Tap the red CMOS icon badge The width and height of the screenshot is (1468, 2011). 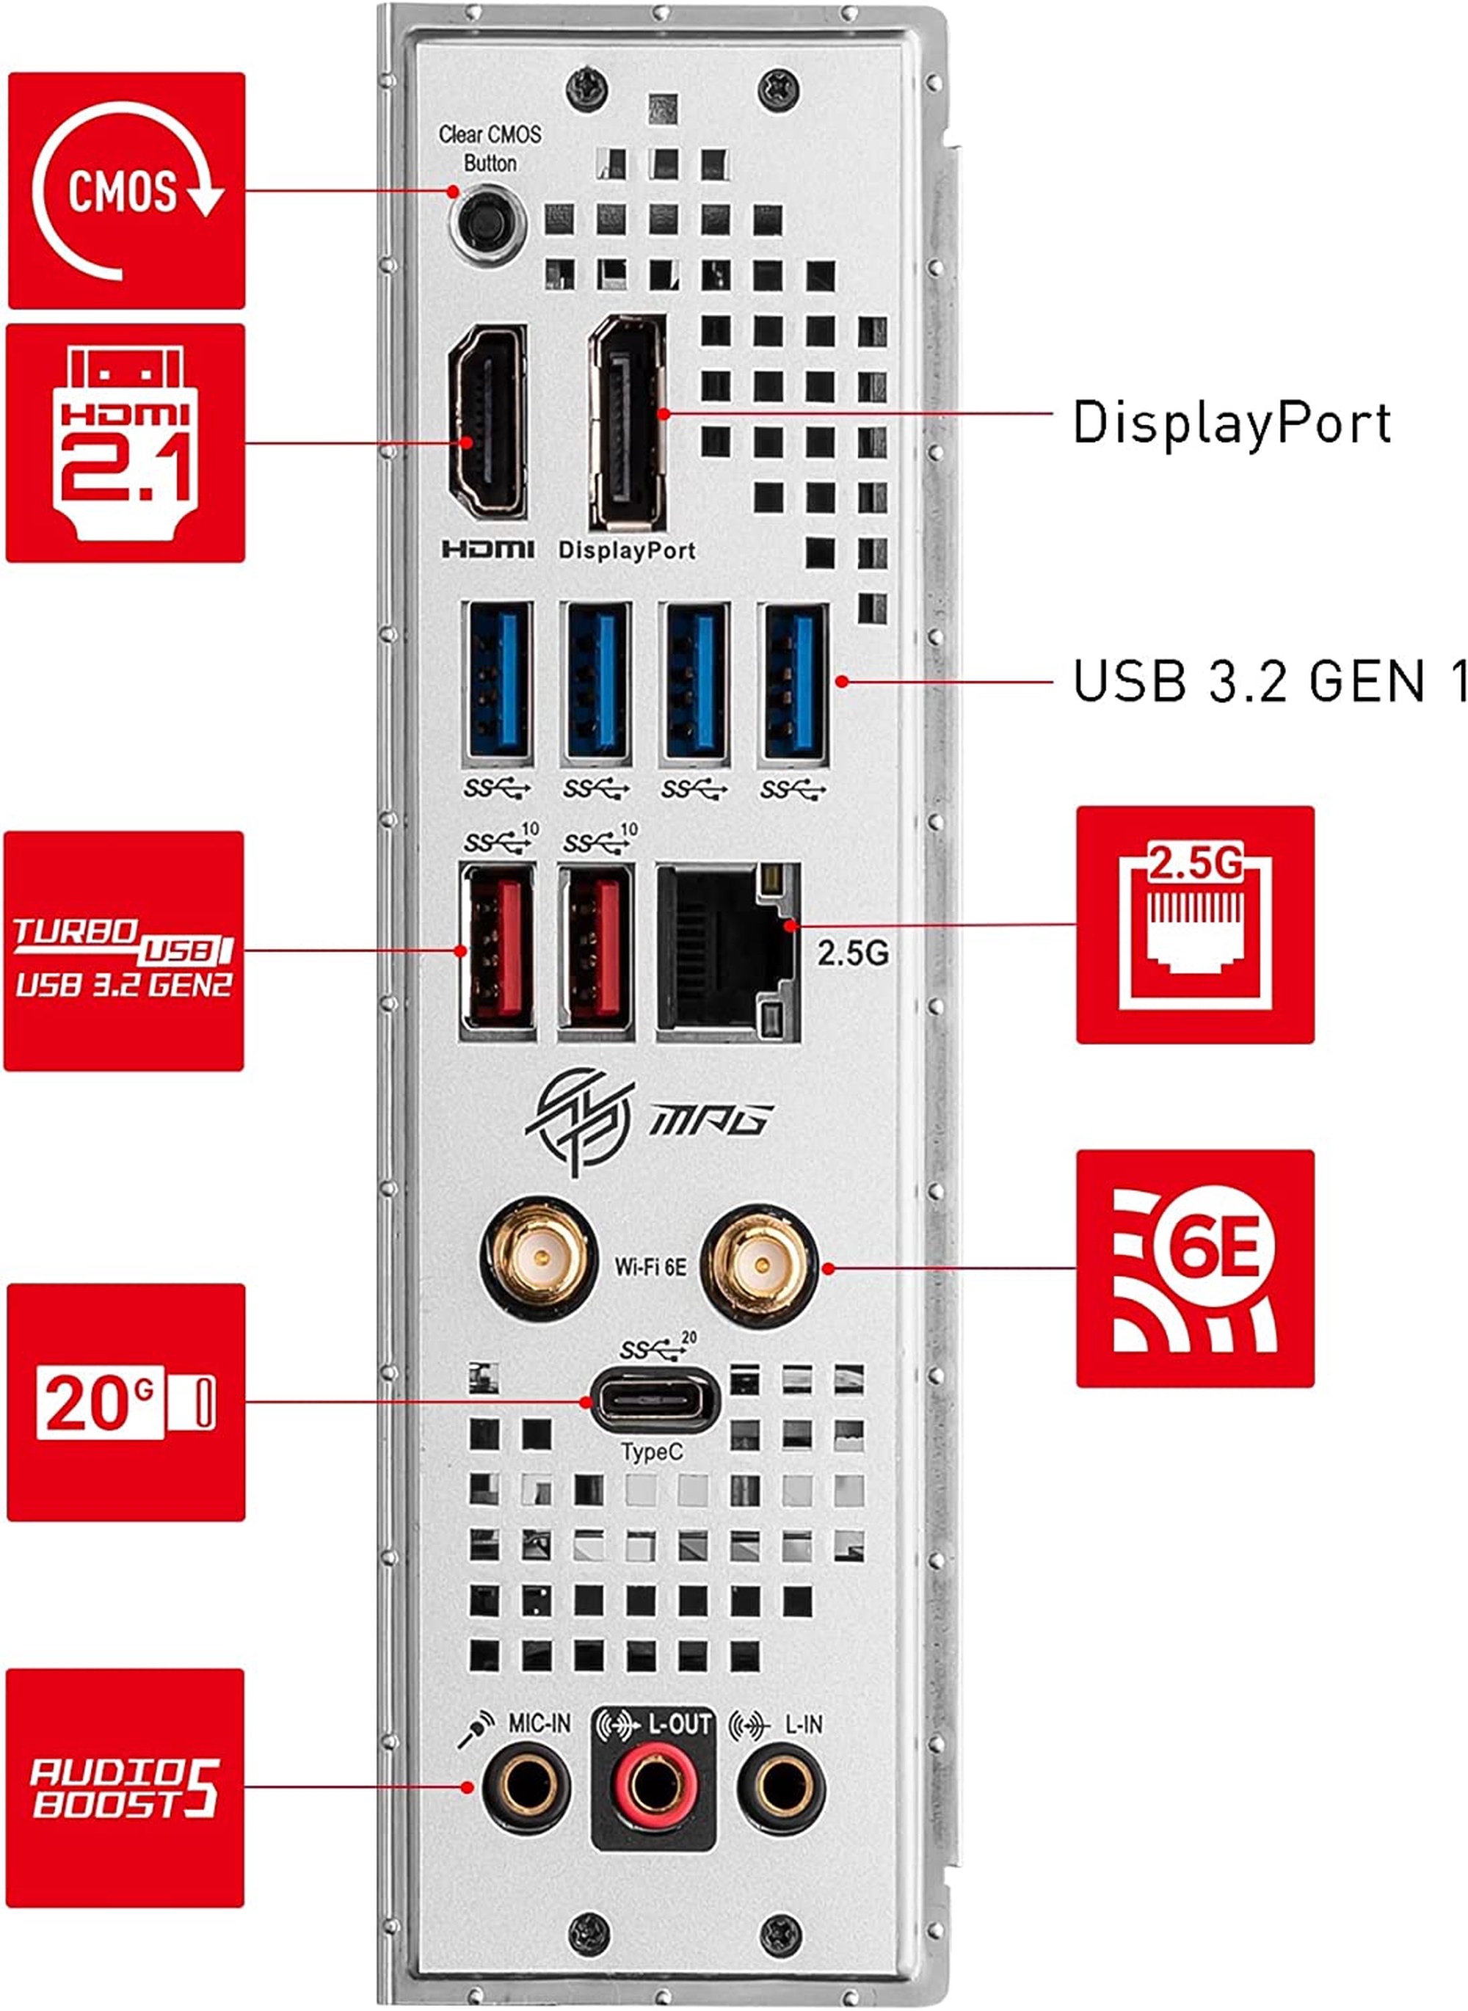126,191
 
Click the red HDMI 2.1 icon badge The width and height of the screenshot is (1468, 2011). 126,443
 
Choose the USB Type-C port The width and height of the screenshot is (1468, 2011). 654,1401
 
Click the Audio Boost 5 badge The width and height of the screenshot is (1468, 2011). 126,1788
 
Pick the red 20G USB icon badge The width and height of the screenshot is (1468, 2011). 126,1403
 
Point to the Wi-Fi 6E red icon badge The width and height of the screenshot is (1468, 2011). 1195,1268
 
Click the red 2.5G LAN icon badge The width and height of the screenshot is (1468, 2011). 1195,925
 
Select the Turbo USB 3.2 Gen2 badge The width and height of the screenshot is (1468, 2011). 124,951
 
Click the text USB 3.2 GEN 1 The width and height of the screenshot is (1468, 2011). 1269,682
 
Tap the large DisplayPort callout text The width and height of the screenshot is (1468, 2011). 1232,421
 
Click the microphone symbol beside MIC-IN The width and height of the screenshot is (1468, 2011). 476,1729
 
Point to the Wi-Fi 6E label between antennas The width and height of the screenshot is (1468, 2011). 650,1265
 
